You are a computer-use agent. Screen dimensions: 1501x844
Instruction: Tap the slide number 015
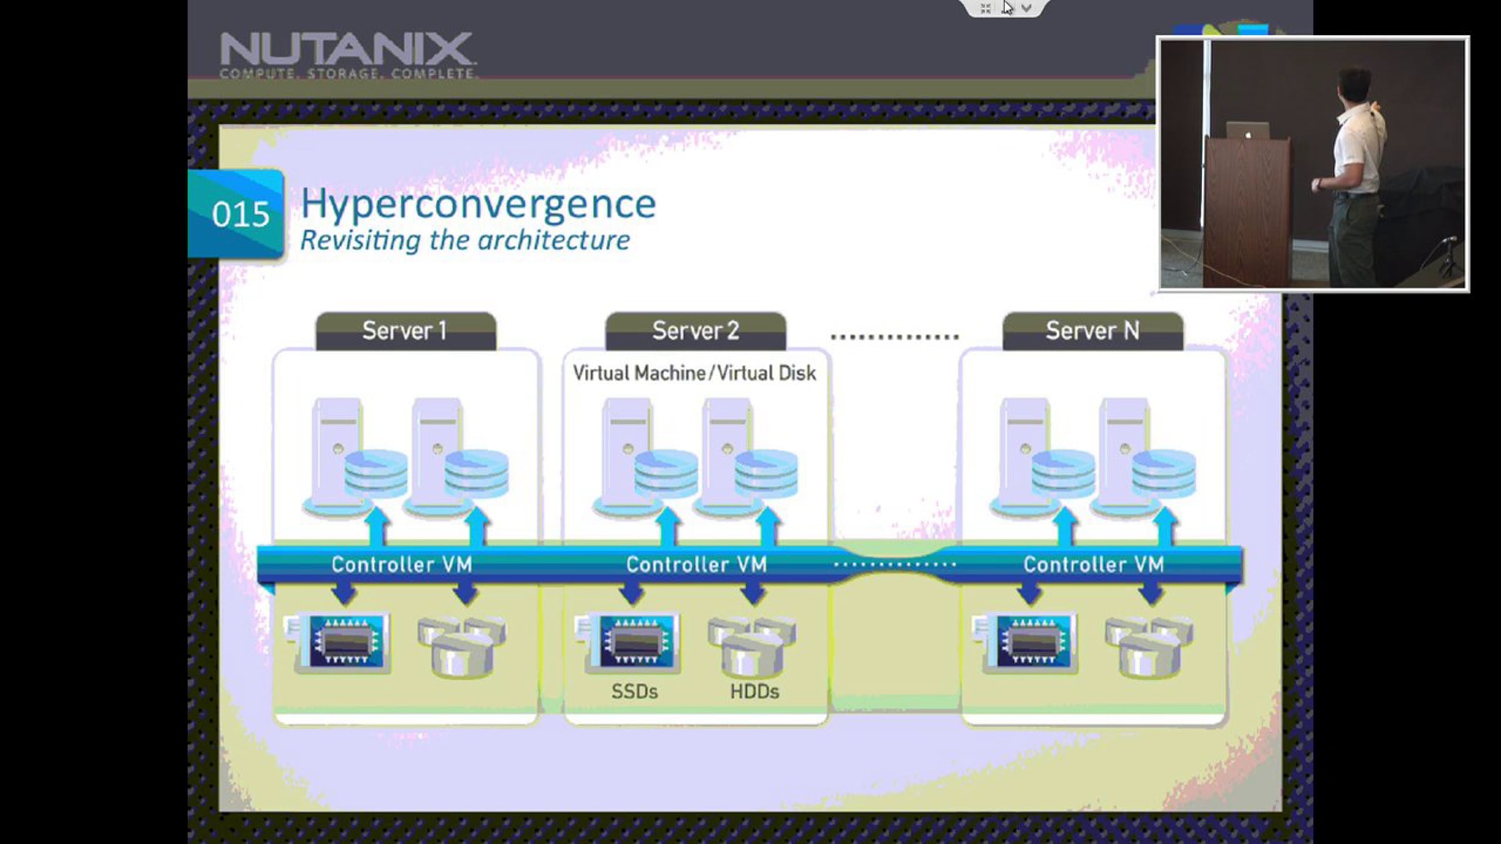pos(241,214)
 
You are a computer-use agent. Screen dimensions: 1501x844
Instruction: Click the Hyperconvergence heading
pos(478,204)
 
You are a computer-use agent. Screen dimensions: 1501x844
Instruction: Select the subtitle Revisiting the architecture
pos(465,241)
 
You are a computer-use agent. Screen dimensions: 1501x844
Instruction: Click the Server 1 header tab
pos(405,331)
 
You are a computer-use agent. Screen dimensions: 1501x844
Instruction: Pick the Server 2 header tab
pos(695,331)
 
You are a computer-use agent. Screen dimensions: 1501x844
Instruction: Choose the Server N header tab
pos(1093,331)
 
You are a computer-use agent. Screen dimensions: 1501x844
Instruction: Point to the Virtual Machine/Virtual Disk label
pos(694,373)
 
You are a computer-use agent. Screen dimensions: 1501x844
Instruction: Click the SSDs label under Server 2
pos(634,691)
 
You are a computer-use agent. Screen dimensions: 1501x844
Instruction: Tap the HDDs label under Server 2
pos(754,691)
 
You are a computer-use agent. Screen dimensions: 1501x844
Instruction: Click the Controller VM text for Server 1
pos(402,565)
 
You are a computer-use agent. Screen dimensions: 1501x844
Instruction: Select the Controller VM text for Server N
pos(1093,565)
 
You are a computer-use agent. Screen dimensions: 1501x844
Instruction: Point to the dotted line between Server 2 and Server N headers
pos(894,337)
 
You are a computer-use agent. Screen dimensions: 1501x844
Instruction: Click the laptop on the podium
pos(1248,131)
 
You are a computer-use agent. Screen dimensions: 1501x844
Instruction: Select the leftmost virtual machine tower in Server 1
pos(336,450)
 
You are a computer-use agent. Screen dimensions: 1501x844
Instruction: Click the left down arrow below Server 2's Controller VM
pos(631,593)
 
